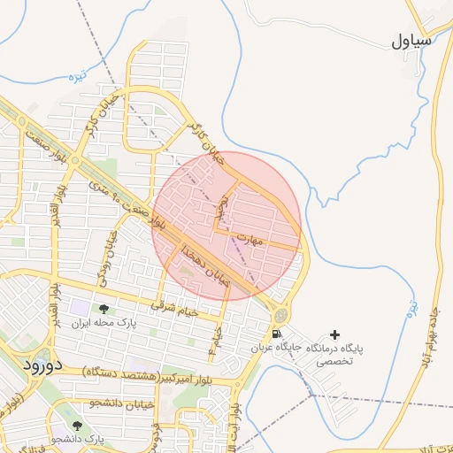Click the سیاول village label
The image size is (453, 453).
412,41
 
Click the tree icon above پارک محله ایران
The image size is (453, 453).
105,309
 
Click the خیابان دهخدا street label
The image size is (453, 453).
205,265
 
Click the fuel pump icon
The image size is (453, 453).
278,334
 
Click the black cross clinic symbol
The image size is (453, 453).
334,334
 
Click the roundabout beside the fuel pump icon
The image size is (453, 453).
281,314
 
